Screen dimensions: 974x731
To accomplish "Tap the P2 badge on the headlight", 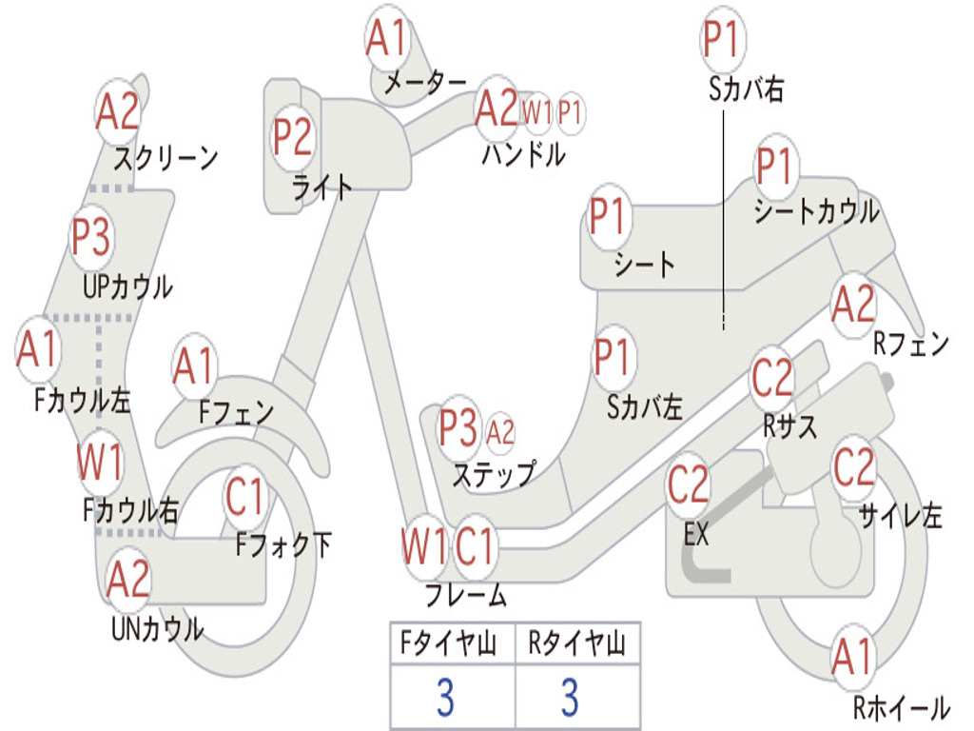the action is click(292, 137).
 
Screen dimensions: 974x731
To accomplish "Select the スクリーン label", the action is click(166, 157).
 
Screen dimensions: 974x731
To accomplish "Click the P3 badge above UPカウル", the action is click(91, 236).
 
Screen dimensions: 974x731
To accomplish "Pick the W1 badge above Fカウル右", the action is click(100, 464).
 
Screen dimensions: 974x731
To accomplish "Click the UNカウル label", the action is click(157, 628).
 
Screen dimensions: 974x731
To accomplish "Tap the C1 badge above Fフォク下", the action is click(245, 496).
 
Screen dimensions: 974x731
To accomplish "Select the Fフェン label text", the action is click(236, 413).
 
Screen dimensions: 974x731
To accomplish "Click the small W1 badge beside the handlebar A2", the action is click(537, 112).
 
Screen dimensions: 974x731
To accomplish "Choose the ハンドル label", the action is click(523, 154).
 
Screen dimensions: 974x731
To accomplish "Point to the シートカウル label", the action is click(816, 212).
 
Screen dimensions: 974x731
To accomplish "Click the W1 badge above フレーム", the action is click(423, 547).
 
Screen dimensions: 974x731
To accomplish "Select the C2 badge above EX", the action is click(688, 485).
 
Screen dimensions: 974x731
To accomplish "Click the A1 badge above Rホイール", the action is click(851, 658).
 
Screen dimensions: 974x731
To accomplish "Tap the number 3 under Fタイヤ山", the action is click(445, 698).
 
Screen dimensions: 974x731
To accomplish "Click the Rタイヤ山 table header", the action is click(576, 645).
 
